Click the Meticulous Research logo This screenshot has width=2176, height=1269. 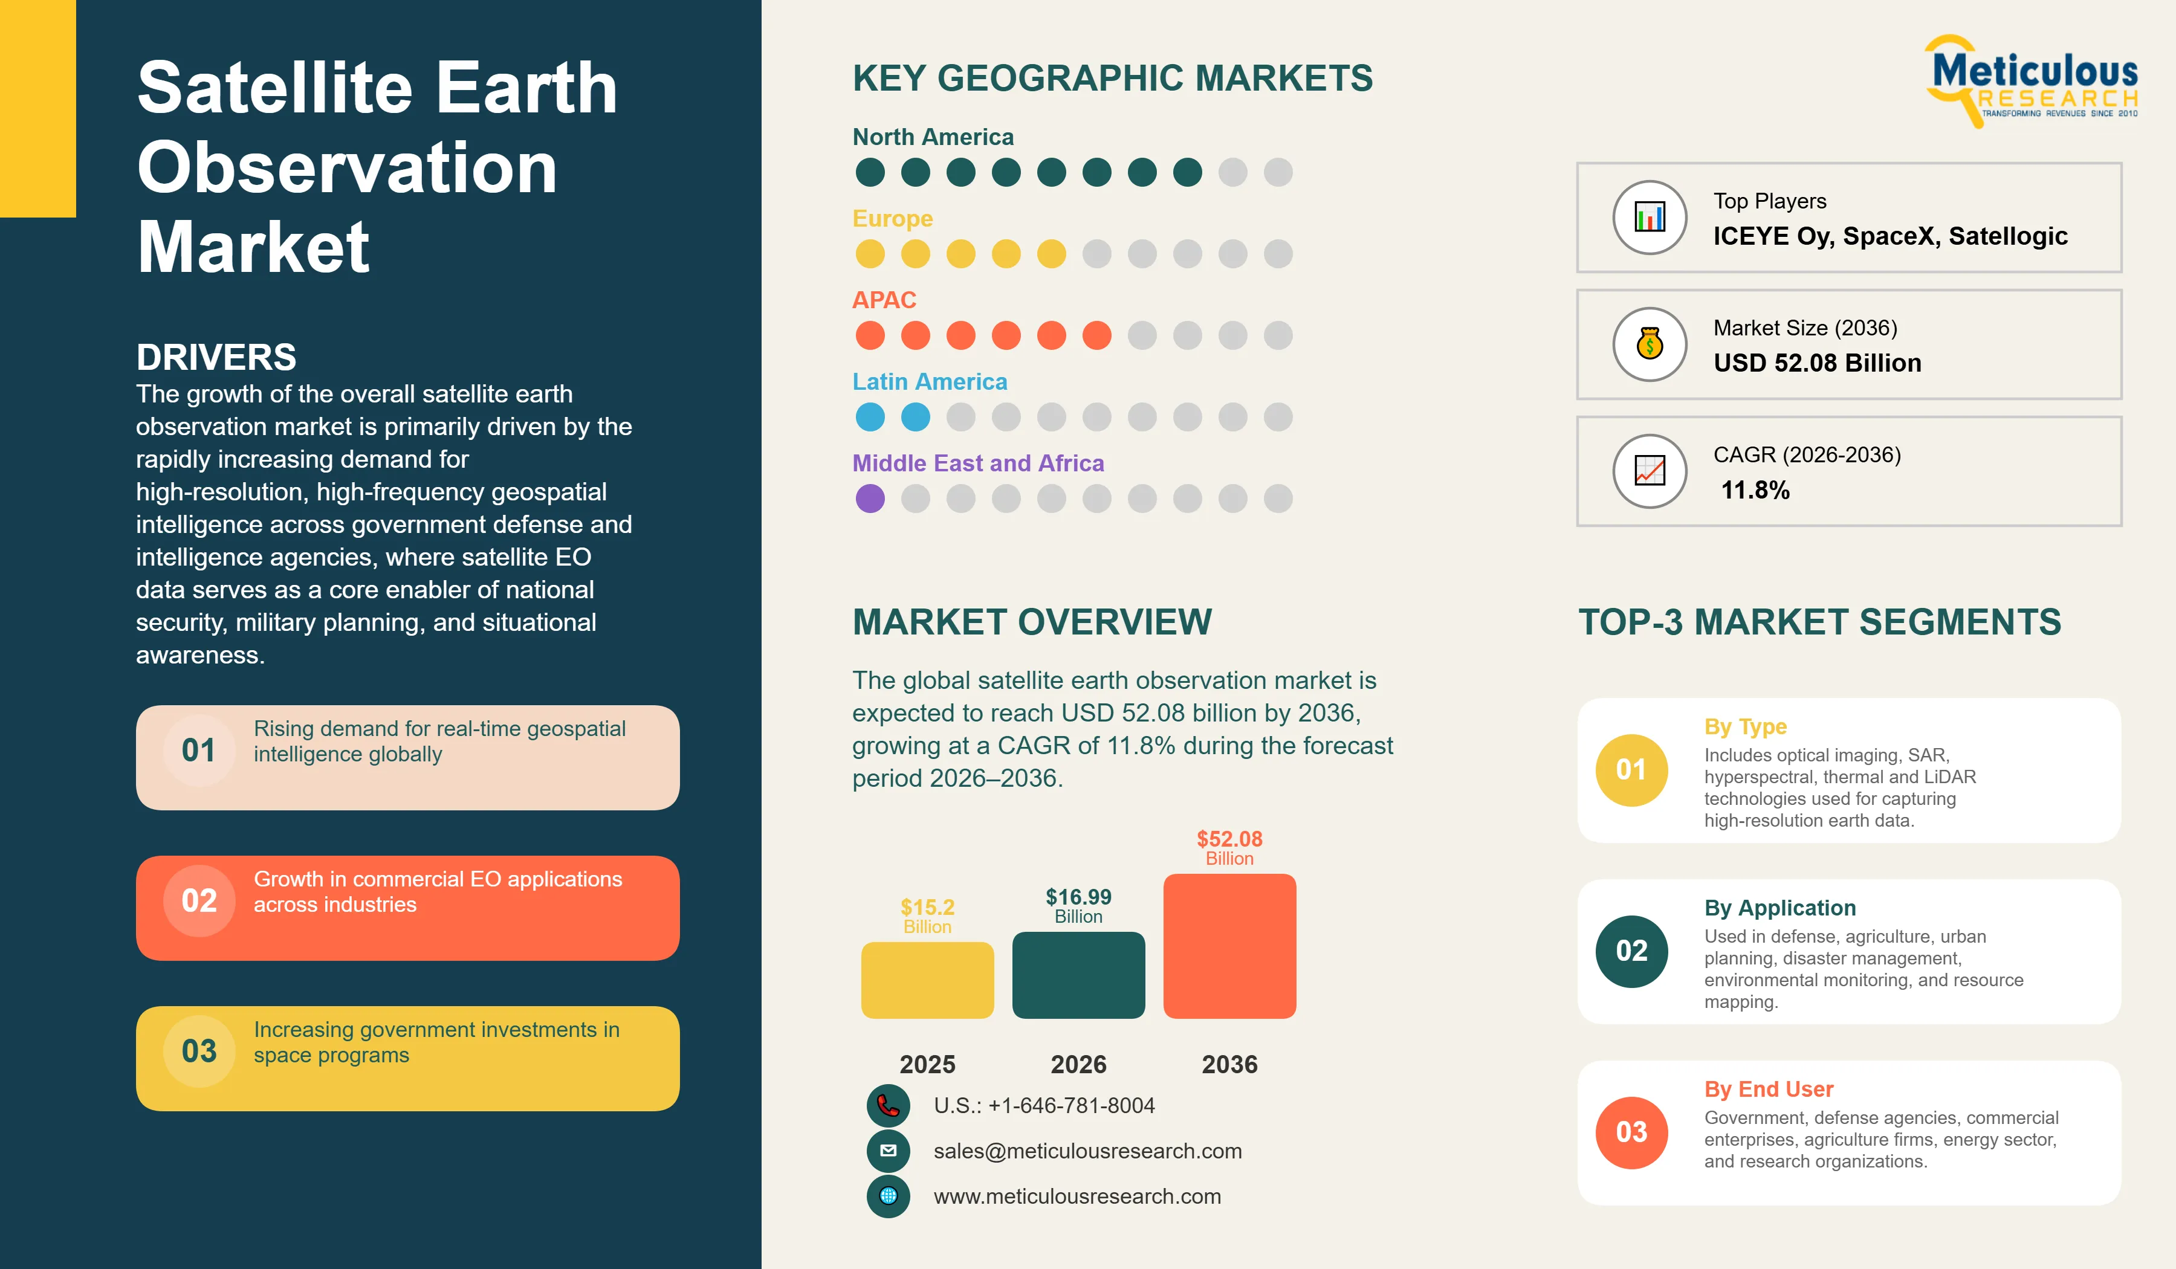(2033, 82)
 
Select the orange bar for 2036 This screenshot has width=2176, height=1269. (1229, 946)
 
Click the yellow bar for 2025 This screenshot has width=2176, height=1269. (927, 980)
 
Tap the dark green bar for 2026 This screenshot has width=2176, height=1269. (1078, 975)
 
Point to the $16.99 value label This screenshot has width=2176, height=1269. (1078, 897)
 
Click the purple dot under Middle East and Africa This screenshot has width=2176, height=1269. (870, 498)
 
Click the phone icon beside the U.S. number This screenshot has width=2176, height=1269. (889, 1106)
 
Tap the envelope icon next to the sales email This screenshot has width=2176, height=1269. (889, 1151)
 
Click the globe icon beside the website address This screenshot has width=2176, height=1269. (889, 1196)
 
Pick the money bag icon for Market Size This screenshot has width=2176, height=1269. (1650, 344)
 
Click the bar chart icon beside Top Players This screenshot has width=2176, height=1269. (1650, 218)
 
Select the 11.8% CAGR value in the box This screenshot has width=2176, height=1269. (1755, 490)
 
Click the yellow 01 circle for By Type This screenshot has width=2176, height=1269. (1632, 770)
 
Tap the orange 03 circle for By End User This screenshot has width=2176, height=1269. (1632, 1132)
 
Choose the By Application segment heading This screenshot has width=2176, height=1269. (1779, 908)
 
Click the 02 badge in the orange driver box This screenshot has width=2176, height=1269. (199, 901)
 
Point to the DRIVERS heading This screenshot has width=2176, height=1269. (216, 357)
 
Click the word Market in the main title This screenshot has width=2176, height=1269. (254, 247)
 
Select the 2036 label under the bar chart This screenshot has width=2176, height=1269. (1229, 1064)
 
